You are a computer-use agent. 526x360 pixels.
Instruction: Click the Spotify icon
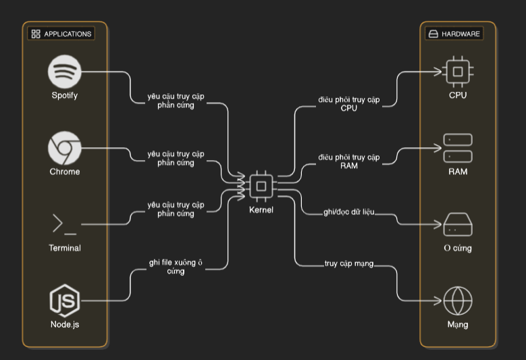click(x=65, y=71)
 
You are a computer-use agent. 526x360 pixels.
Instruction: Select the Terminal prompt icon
click(x=65, y=224)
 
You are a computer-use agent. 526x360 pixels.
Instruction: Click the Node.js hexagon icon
click(x=65, y=301)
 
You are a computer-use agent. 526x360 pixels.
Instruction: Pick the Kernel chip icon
click(x=261, y=186)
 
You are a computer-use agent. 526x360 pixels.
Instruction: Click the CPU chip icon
click(x=458, y=71)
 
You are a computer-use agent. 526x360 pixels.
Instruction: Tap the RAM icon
click(x=458, y=148)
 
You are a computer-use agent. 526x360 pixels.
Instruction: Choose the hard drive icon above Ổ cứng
click(x=458, y=225)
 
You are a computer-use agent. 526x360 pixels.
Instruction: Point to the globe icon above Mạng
click(x=458, y=301)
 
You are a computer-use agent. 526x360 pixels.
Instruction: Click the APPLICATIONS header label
click(x=67, y=34)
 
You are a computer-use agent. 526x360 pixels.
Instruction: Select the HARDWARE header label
click(x=461, y=34)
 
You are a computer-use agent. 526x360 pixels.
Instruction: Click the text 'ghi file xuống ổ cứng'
click(x=176, y=267)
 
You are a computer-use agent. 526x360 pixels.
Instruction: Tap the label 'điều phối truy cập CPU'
click(x=349, y=104)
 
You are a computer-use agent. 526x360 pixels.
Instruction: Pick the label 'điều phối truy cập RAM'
click(x=349, y=161)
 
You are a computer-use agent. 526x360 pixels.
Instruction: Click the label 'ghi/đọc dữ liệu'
click(x=349, y=212)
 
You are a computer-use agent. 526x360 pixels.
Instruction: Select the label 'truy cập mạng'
click(x=348, y=264)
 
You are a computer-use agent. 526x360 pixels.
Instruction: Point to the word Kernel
click(x=261, y=210)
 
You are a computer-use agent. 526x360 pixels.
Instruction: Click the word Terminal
click(x=65, y=248)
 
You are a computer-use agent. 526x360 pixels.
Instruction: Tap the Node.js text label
click(x=65, y=324)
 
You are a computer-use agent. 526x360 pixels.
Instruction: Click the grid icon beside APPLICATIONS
click(x=36, y=34)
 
